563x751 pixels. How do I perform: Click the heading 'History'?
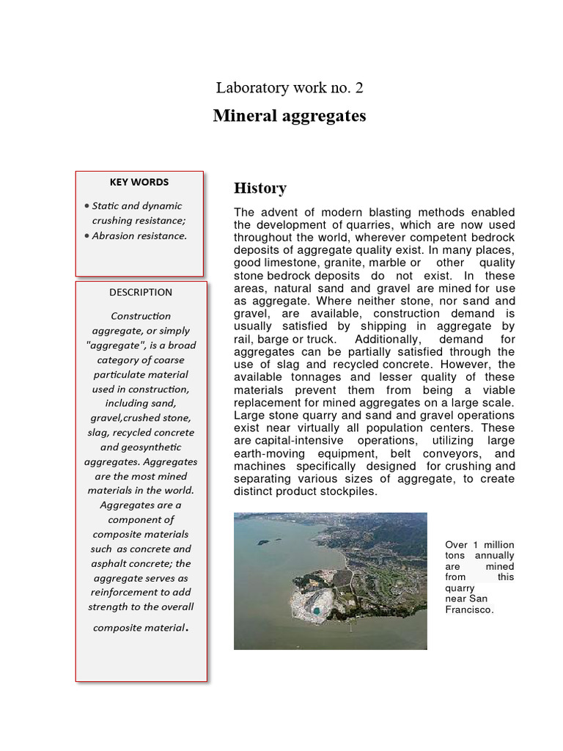click(260, 188)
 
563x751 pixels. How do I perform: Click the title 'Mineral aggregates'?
click(290, 116)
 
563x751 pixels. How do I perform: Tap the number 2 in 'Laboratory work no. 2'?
click(358, 88)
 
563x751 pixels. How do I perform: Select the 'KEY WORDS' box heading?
click(139, 182)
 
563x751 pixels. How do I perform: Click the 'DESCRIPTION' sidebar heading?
click(141, 292)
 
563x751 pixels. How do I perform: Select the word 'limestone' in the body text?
click(288, 263)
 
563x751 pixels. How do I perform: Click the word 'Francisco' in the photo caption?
click(469, 609)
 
